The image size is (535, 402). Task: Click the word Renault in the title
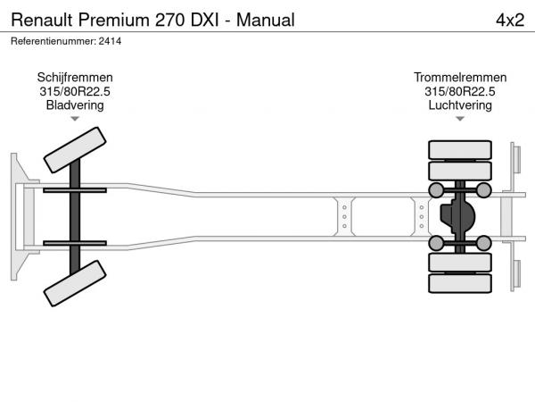(x=42, y=20)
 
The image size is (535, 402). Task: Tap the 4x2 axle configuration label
(x=510, y=20)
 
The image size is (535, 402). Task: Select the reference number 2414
(x=110, y=41)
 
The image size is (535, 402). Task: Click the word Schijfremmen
(x=75, y=78)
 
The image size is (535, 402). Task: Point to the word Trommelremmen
(x=460, y=78)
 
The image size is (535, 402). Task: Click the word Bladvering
(x=75, y=105)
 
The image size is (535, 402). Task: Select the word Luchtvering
(x=460, y=105)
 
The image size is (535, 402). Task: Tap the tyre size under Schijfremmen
(x=75, y=91)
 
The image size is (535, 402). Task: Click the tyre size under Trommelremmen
(x=460, y=91)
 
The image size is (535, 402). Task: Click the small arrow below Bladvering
(x=75, y=119)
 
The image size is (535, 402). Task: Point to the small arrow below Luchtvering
(x=460, y=119)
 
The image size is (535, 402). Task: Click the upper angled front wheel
(x=75, y=150)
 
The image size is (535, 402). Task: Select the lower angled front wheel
(x=75, y=283)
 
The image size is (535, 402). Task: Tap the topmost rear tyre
(x=460, y=150)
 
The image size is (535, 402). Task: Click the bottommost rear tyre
(x=460, y=283)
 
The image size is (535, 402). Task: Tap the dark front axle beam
(x=75, y=217)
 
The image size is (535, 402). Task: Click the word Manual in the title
(x=266, y=20)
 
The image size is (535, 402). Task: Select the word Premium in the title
(x=114, y=20)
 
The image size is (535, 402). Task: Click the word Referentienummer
(x=53, y=41)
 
